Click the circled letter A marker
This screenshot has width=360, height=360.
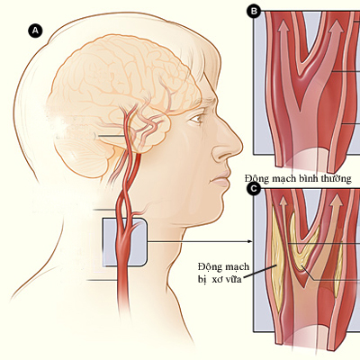coord(35,31)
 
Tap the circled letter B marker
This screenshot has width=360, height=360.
coord(254,11)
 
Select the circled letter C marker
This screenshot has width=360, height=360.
coord(254,189)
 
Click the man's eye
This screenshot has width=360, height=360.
coord(197,119)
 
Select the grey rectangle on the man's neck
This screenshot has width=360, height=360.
coord(125,242)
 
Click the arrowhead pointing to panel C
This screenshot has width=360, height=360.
coord(249,241)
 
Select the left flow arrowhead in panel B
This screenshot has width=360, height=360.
coord(283,26)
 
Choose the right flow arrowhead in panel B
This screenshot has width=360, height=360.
coord(336,26)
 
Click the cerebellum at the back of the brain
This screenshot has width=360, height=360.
coord(83,159)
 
